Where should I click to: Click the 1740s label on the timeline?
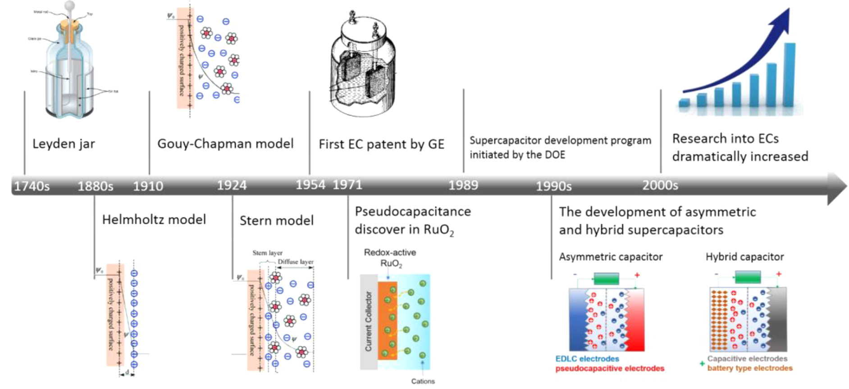32,186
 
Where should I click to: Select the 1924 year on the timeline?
232,185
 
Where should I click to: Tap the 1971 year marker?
347,185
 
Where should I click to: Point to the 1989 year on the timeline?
463,185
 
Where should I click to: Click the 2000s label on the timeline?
660,185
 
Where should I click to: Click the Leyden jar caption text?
64,144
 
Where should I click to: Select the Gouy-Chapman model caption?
225,144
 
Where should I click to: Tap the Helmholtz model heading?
154,219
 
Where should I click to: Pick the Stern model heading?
276,220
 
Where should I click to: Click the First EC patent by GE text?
381,144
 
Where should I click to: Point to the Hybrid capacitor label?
744,257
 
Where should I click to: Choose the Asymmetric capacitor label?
611,257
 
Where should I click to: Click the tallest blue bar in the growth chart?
789,74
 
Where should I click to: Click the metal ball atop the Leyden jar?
69,6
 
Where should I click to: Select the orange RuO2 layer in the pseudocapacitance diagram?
387,320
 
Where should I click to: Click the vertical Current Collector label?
369,321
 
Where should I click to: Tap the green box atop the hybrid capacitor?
748,276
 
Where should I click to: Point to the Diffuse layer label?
295,262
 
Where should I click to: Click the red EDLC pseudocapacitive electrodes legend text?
610,368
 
